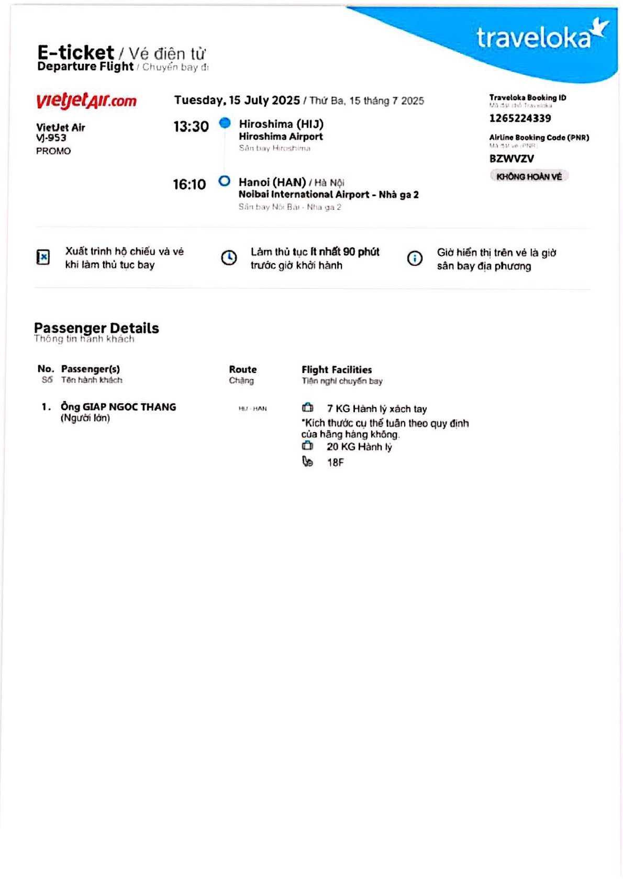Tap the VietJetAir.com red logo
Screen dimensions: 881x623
point(86,100)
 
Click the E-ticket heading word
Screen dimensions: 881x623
point(75,52)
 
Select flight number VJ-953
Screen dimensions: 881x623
point(51,138)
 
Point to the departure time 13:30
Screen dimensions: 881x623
point(191,127)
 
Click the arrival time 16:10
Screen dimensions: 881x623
point(189,184)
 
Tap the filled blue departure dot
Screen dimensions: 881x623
point(225,123)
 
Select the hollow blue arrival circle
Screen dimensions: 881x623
point(224,181)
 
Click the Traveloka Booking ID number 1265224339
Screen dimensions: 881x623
point(520,118)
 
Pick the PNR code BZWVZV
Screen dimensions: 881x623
point(511,159)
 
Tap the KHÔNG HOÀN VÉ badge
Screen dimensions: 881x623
point(529,176)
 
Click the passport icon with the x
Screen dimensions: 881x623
point(43,257)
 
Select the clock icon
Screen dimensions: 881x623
point(229,258)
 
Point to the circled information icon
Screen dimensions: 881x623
point(415,258)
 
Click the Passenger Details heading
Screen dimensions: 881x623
point(96,328)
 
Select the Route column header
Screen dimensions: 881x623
point(242,369)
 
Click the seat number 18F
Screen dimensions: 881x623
point(335,462)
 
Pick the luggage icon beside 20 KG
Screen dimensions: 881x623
point(307,446)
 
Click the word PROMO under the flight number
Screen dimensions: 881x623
point(53,151)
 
